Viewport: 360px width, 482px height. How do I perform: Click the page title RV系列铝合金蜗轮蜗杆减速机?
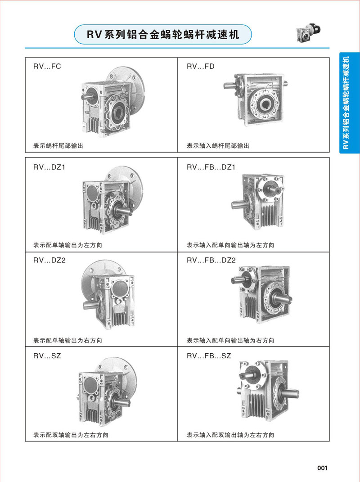[x=162, y=34]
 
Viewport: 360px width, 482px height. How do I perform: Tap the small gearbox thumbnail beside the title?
[x=308, y=32]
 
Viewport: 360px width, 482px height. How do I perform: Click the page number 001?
[x=323, y=468]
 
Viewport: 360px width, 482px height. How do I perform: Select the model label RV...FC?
[x=47, y=67]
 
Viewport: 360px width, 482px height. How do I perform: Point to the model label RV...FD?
[x=200, y=67]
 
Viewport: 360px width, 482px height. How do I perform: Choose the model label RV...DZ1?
[x=49, y=167]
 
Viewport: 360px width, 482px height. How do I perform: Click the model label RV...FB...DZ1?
[x=211, y=167]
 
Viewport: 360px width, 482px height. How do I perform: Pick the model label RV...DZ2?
[x=49, y=261]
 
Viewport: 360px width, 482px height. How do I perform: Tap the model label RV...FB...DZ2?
[x=211, y=261]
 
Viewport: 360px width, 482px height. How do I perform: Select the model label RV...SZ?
[x=47, y=356]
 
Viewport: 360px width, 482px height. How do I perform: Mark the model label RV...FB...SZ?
[x=209, y=356]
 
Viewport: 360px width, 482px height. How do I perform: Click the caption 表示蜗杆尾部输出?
[x=58, y=146]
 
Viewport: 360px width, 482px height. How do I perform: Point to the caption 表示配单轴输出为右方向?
[x=67, y=341]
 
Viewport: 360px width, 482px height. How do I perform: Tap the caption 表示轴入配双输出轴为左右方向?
[x=230, y=435]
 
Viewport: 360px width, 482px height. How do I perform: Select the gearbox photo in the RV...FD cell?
[x=256, y=100]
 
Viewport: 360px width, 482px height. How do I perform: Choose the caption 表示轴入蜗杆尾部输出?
[x=218, y=146]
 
